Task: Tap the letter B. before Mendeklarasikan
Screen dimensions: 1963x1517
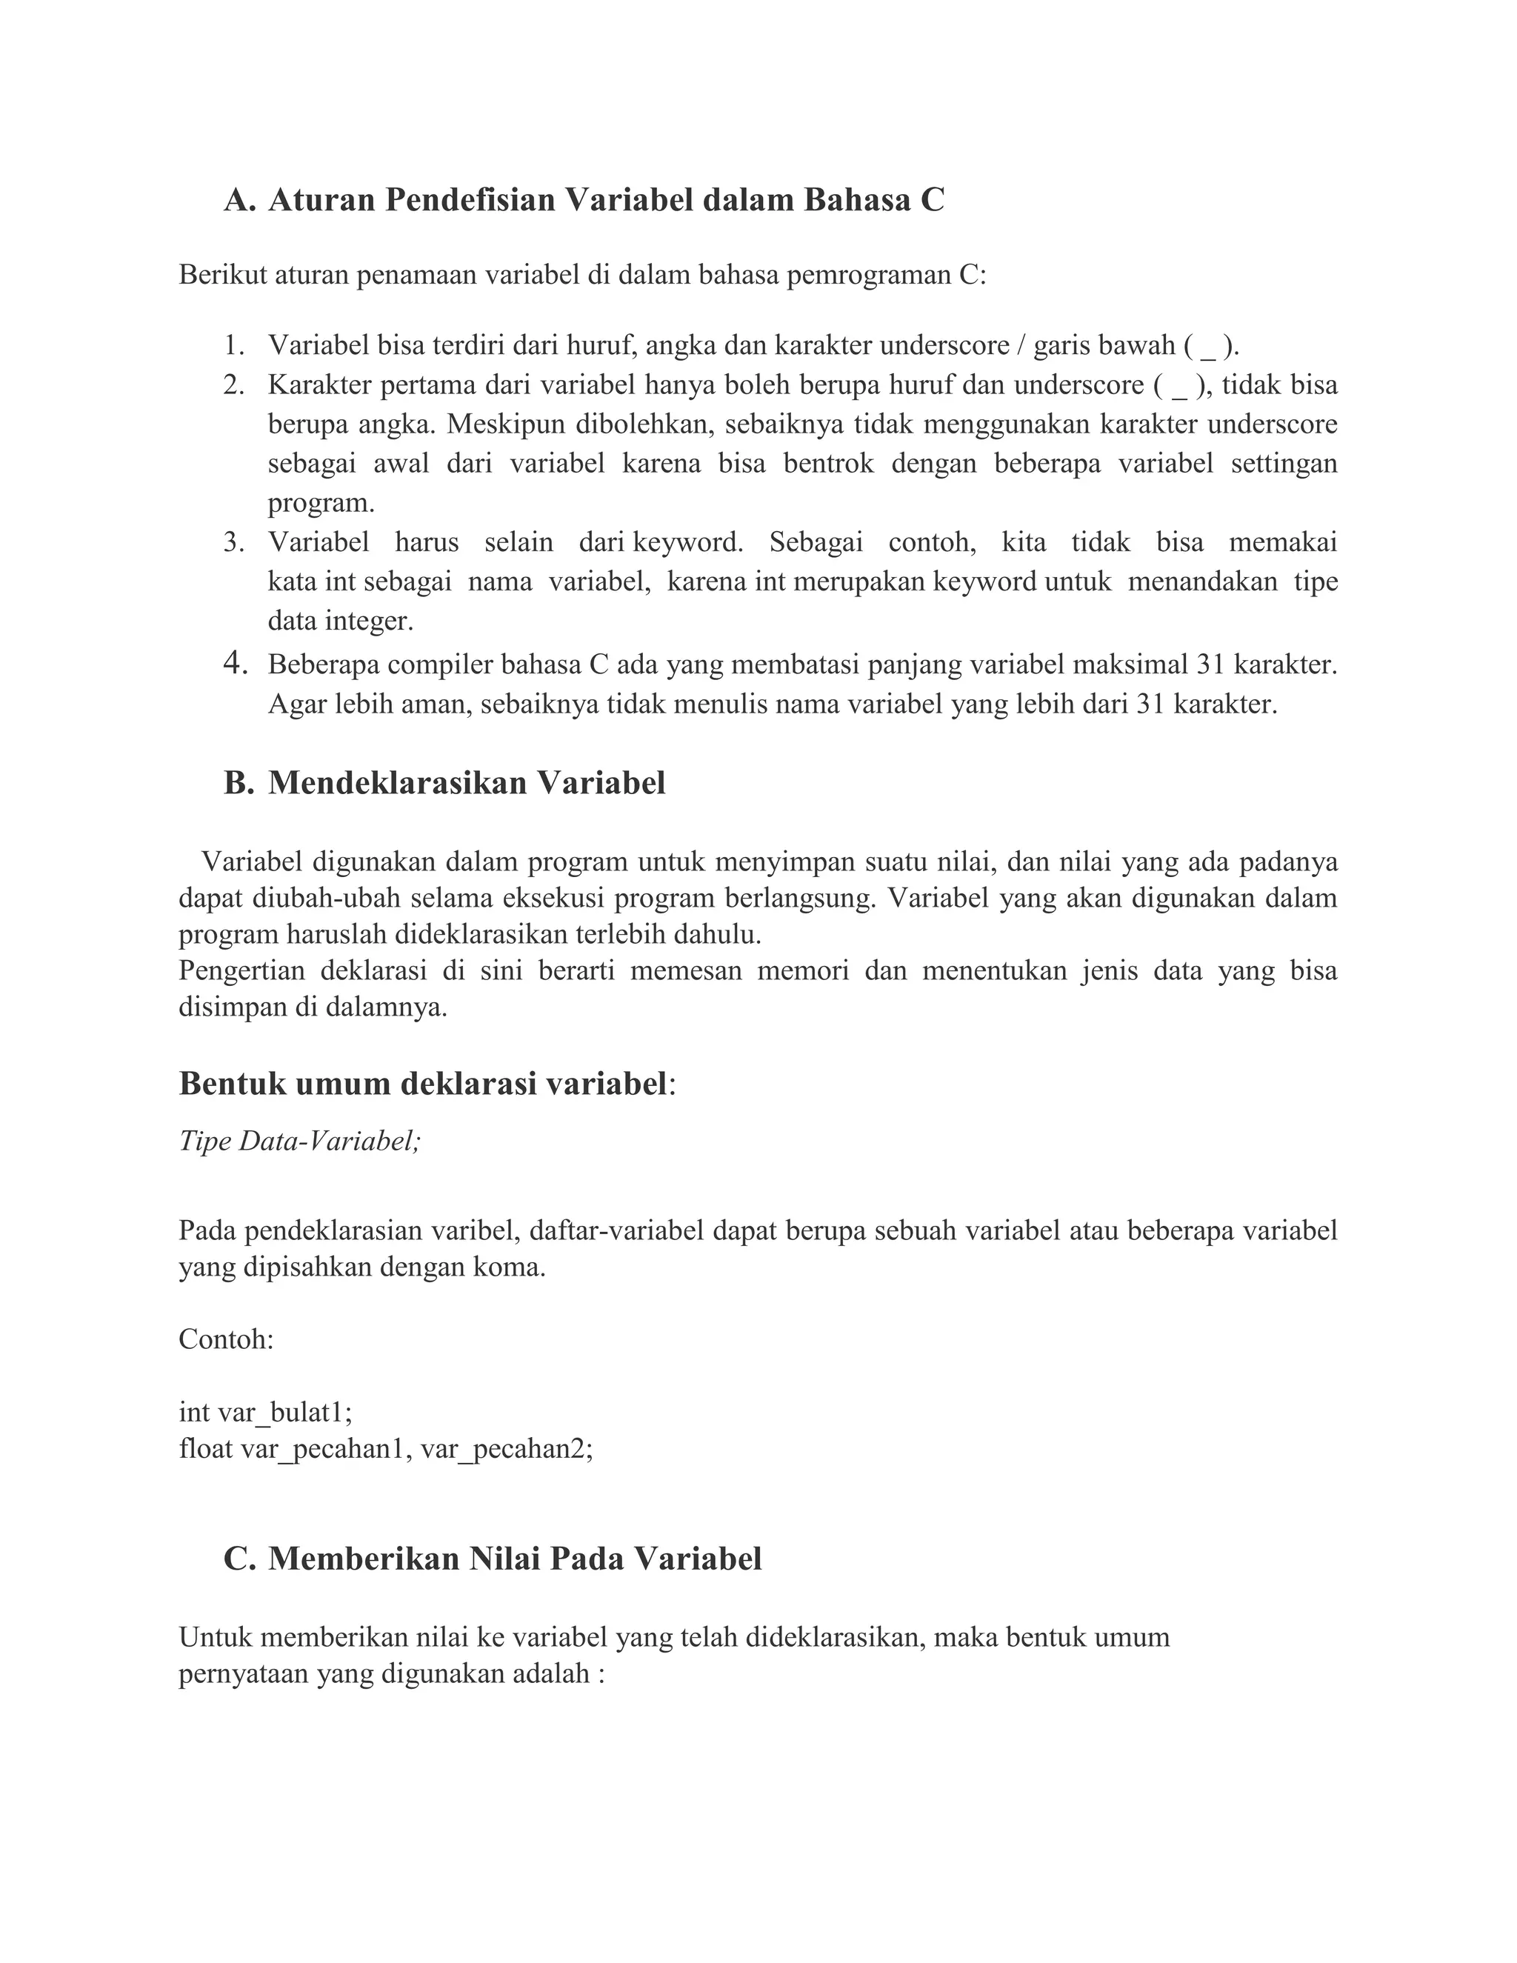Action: click(x=239, y=783)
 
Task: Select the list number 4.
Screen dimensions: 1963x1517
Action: click(x=235, y=663)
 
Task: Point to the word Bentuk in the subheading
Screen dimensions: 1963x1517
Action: click(x=232, y=1084)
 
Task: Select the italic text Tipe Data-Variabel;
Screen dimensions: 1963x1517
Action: click(x=300, y=1141)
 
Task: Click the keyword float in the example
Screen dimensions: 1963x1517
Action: click(x=205, y=1449)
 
